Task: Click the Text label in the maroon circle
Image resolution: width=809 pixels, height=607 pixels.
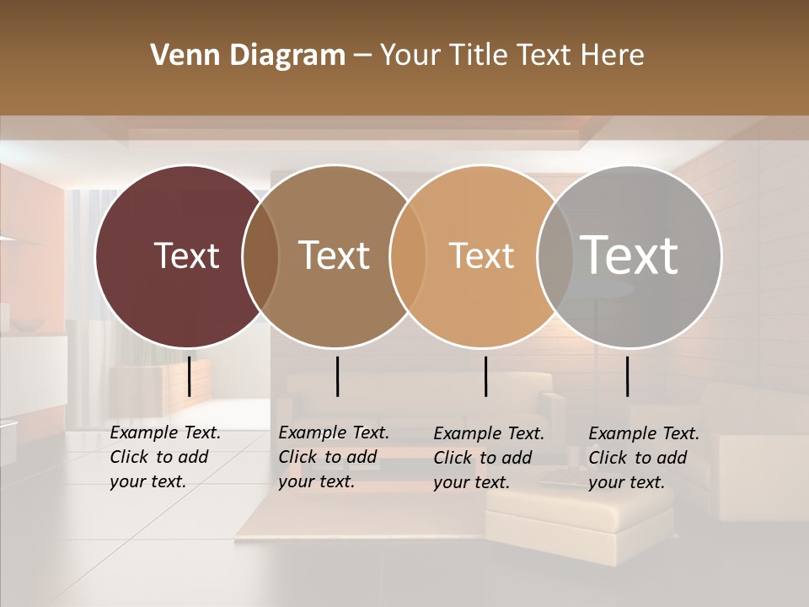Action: [186, 255]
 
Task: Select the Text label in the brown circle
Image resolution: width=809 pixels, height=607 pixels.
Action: [335, 255]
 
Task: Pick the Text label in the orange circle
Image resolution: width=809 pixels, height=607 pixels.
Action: [481, 255]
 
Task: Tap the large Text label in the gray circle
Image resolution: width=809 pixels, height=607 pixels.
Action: [630, 255]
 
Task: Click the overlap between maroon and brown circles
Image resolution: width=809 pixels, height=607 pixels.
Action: [260, 255]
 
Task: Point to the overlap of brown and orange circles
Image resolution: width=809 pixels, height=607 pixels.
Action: [408, 255]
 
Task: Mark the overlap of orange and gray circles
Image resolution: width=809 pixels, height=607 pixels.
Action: [555, 255]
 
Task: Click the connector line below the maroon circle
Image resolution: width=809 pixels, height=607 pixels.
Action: [189, 376]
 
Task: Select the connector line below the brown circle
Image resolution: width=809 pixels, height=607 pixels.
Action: [337, 376]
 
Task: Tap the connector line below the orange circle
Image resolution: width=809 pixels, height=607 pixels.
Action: [485, 376]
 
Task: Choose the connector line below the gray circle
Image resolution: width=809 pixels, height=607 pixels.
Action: [627, 376]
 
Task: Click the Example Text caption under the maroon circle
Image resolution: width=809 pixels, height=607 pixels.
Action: [165, 457]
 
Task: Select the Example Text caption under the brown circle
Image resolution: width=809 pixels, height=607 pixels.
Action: [334, 457]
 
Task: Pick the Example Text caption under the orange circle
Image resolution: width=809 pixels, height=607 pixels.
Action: [489, 458]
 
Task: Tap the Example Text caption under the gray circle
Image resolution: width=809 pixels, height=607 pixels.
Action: [644, 458]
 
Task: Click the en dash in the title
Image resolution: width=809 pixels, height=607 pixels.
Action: [362, 56]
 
